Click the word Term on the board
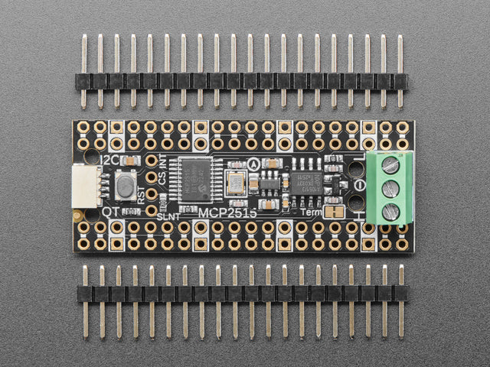tap(312, 211)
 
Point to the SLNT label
tap(168, 217)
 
